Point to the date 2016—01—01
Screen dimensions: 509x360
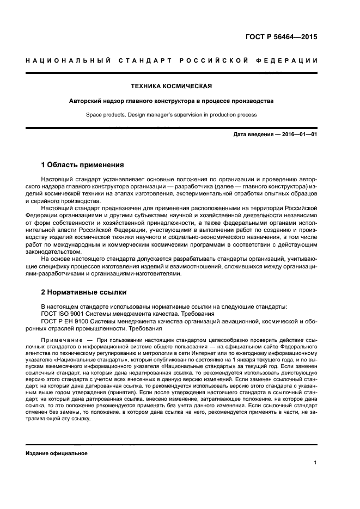[x=298, y=134]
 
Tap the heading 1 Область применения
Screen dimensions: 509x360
[x=83, y=165]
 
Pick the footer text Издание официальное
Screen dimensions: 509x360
[x=57, y=453]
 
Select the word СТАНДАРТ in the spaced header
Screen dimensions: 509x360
[x=142, y=60]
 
